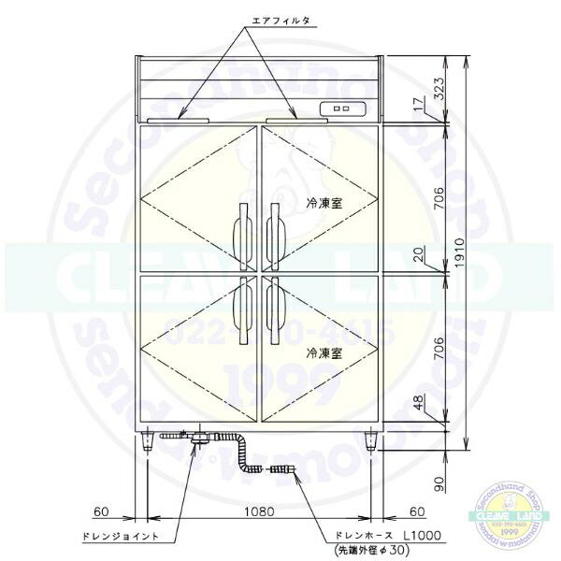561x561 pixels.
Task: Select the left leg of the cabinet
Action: click(148, 440)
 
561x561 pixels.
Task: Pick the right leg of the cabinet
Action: click(372, 440)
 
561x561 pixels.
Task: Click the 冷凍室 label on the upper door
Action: click(323, 202)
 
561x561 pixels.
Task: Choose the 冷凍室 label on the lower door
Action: click(323, 354)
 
